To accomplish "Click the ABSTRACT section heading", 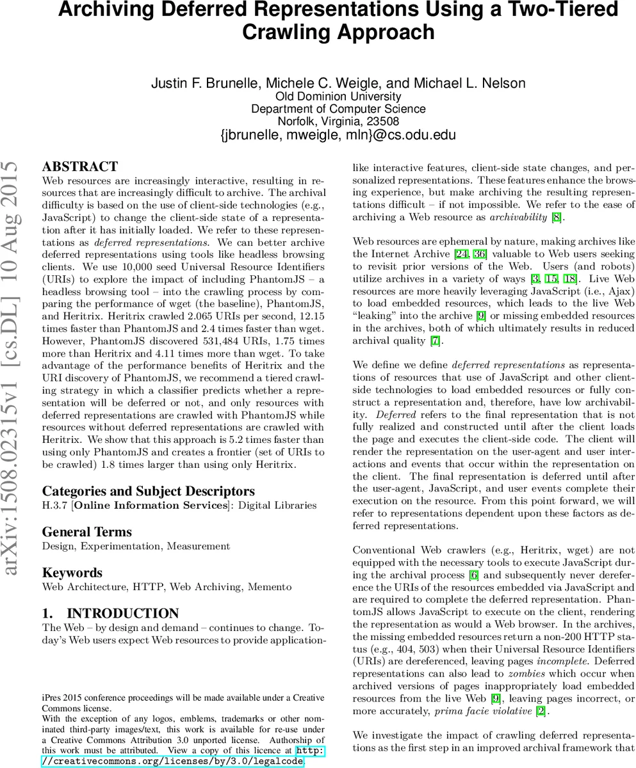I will [79, 167].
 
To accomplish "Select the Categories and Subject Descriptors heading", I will [148, 491].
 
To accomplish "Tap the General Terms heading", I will [86, 532].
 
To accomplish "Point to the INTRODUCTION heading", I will [110, 613].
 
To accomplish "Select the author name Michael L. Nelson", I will [470, 83].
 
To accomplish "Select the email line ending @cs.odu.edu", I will [338, 135].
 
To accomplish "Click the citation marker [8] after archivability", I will [558, 218].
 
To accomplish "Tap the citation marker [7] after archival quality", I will [435, 340].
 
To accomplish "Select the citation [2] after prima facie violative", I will [541, 710].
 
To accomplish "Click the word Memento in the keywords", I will [268, 586].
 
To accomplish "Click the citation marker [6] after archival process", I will [474, 575].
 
